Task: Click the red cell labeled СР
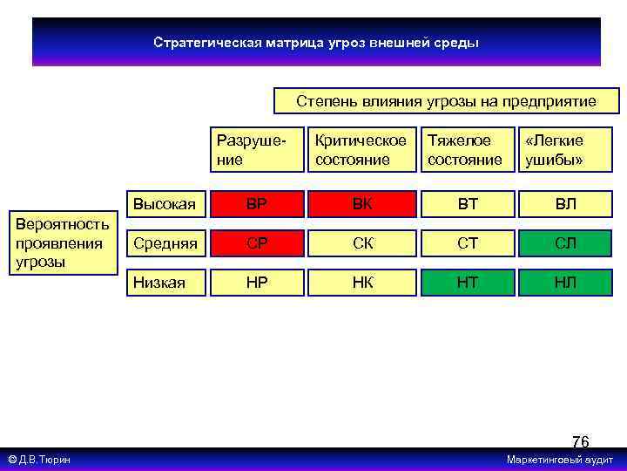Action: [257, 243]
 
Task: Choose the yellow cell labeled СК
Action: [361, 243]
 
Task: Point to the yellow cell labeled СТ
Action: [468, 243]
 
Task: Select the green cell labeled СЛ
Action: [566, 243]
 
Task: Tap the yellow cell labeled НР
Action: [257, 283]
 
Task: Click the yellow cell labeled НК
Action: [361, 283]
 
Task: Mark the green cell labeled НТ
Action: [468, 283]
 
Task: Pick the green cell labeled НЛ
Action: [566, 283]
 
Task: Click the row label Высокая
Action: [163, 205]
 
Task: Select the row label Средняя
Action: [163, 242]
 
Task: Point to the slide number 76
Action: [580, 442]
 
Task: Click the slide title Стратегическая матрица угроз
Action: [316, 42]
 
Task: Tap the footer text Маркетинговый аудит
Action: [560, 460]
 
